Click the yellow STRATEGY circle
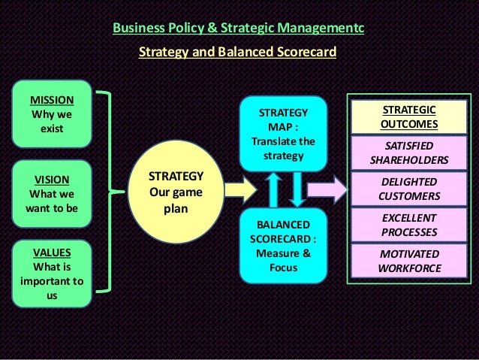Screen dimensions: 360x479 (x=176, y=192)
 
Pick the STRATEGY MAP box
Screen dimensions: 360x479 (x=282, y=134)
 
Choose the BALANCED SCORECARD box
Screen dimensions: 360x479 (x=282, y=246)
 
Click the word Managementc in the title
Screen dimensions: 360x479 (x=322, y=29)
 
